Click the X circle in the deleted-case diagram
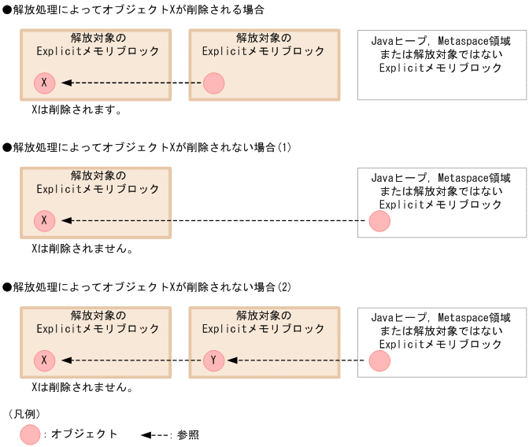pos(45,83)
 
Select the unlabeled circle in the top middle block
pos(214,83)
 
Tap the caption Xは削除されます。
pos(76,110)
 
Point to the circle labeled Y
pos(214,360)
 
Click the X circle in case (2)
pos(45,360)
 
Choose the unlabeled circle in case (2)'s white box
pos(379,360)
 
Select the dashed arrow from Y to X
pos(131,360)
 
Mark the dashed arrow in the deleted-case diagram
pos(131,83)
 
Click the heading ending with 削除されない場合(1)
pos(147,147)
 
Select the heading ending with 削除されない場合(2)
pos(147,286)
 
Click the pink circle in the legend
pos(30,434)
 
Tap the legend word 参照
pos(188,434)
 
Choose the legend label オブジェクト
pos(84,434)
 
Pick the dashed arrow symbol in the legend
pos(155,434)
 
